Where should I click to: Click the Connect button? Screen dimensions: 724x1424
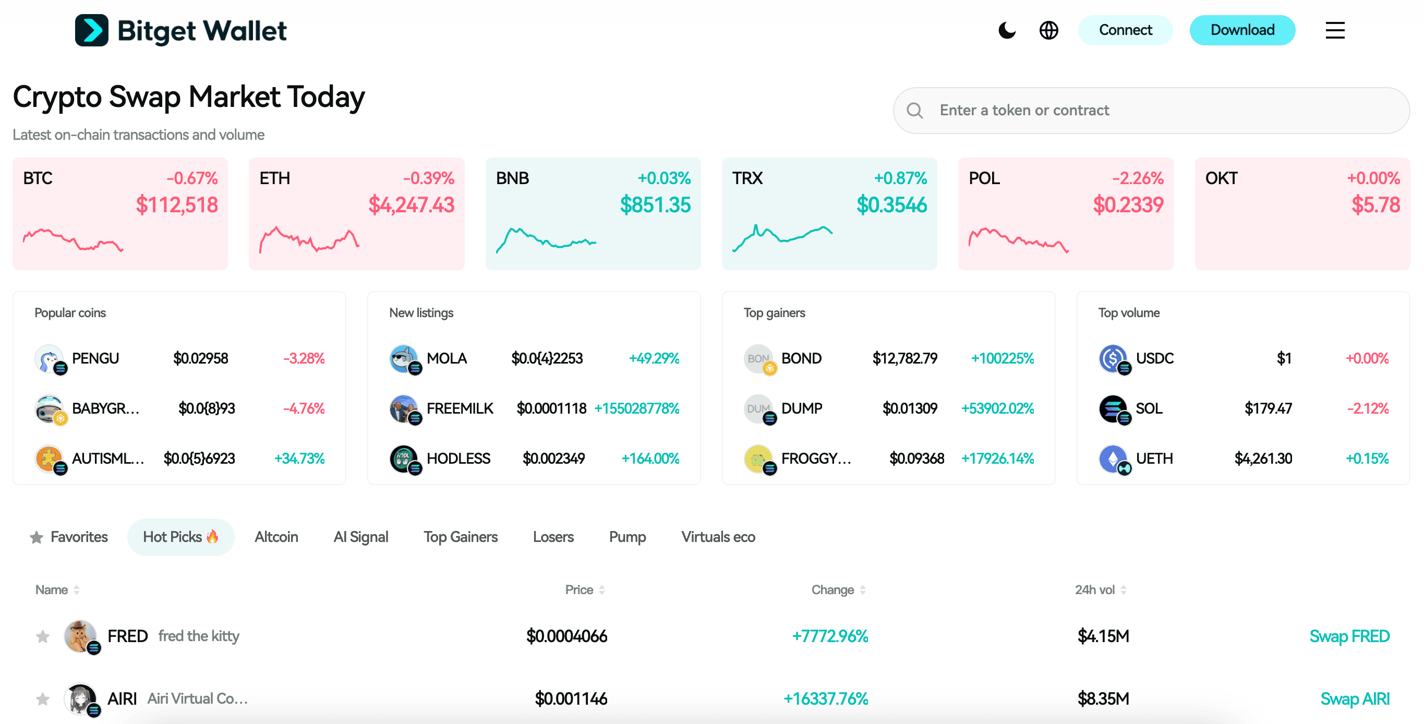pyautogui.click(x=1125, y=30)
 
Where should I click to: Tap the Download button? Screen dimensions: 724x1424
pyautogui.click(x=1242, y=30)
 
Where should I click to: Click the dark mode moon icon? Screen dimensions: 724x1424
pyautogui.click(x=1007, y=30)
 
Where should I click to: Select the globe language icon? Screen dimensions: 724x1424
pyautogui.click(x=1048, y=30)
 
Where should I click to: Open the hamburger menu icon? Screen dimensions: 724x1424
pyautogui.click(x=1334, y=30)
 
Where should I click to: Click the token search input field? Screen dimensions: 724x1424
pyautogui.click(x=1161, y=111)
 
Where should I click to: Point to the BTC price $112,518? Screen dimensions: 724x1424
pyautogui.click(x=177, y=205)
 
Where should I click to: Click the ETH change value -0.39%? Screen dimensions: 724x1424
pyautogui.click(x=428, y=178)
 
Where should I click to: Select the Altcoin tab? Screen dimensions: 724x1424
pyautogui.click(x=276, y=537)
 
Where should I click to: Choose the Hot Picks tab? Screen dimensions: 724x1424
pyautogui.click(x=180, y=537)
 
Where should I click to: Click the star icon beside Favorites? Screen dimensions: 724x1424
pyautogui.click(x=37, y=537)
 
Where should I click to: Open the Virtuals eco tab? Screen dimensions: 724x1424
pyautogui.click(x=718, y=537)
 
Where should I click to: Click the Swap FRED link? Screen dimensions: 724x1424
pyautogui.click(x=1349, y=636)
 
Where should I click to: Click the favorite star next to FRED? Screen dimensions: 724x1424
pyautogui.click(x=43, y=637)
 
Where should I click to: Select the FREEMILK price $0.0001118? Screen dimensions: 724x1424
pyautogui.click(x=551, y=408)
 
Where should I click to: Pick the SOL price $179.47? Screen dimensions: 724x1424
pyautogui.click(x=1268, y=408)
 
